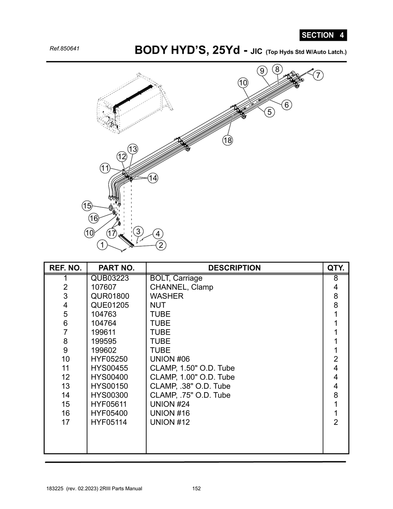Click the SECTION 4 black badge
(x=323, y=35)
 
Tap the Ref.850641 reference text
(x=64, y=49)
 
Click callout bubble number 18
(x=228, y=140)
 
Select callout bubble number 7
(x=318, y=76)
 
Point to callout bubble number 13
(x=132, y=149)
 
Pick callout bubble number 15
(x=87, y=206)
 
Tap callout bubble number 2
(x=160, y=245)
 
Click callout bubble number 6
(x=286, y=105)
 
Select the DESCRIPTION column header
(x=234, y=268)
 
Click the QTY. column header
(x=335, y=268)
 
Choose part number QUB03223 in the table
(x=110, y=278)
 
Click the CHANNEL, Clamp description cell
(x=182, y=287)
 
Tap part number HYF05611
(x=109, y=404)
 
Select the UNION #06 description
(x=170, y=359)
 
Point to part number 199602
(x=104, y=350)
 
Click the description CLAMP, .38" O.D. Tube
(x=190, y=386)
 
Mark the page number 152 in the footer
(x=196, y=489)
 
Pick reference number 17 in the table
(x=66, y=422)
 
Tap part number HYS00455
(x=109, y=368)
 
